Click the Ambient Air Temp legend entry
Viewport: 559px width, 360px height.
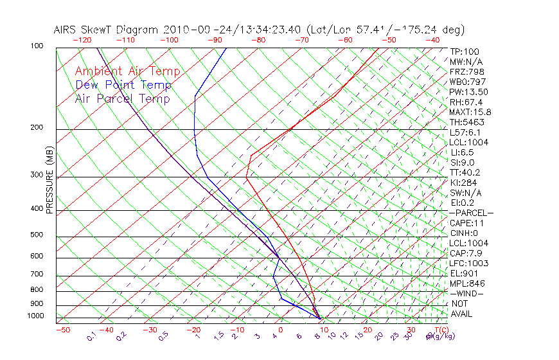[127, 71]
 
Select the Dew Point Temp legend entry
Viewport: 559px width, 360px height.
[123, 85]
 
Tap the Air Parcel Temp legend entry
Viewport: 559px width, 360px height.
[122, 98]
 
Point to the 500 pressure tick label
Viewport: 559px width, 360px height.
[37, 235]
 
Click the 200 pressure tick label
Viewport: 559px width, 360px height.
[37, 128]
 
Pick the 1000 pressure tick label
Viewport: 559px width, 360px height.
[35, 316]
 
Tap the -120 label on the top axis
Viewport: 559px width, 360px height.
[82, 40]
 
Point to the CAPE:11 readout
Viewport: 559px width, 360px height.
[466, 223]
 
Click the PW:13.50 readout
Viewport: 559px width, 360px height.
[468, 92]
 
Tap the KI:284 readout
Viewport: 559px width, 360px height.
[464, 183]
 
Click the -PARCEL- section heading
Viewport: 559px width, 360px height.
[471, 213]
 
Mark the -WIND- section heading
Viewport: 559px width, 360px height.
[467, 293]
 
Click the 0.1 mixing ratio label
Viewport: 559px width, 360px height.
[92, 336]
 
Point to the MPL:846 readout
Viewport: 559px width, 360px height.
[466, 283]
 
